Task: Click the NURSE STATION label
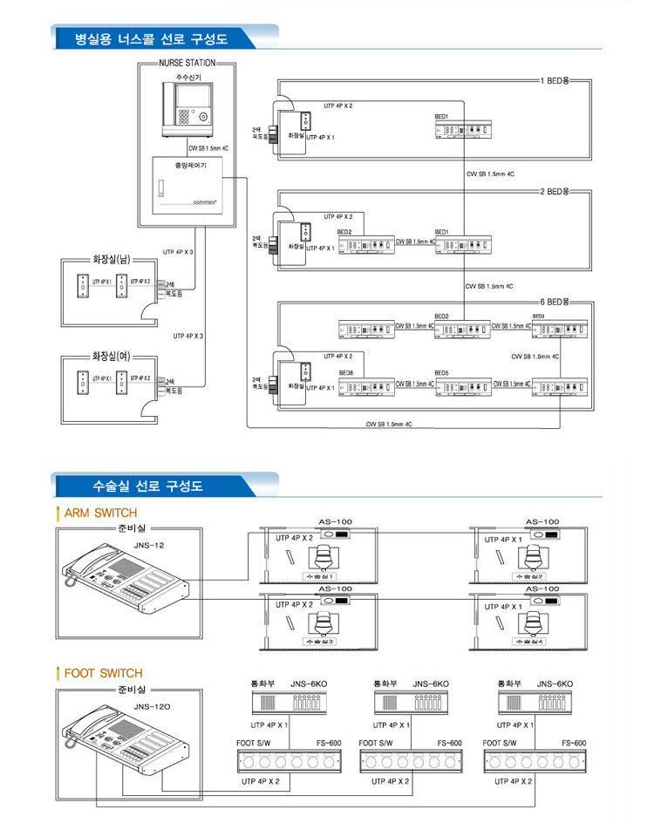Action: (183, 64)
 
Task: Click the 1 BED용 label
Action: (555, 81)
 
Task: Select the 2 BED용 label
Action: (555, 191)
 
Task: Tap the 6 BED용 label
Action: (555, 302)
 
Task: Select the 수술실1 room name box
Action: (317, 577)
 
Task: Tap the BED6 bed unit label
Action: (346, 372)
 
